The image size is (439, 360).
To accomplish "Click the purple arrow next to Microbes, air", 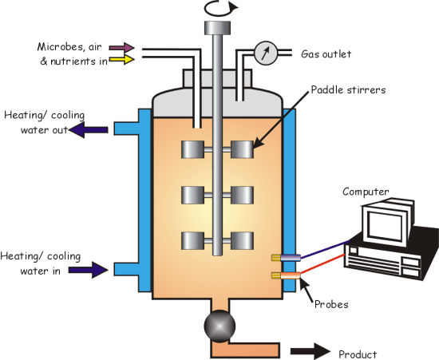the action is (122, 48).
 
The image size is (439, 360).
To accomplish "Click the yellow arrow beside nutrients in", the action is (122, 59).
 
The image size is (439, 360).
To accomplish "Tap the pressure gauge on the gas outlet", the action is (266, 53).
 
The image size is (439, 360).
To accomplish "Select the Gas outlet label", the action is (326, 54).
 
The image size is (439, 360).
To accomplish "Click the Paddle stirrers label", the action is (348, 90).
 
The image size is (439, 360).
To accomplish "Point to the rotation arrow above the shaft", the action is (221, 9).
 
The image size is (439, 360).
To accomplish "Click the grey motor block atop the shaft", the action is (218, 28).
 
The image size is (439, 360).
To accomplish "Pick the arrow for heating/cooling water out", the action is (89, 130).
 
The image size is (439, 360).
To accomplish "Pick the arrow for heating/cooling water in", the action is (89, 270).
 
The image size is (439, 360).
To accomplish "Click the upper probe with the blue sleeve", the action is (286, 258).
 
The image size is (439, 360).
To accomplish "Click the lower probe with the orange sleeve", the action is (286, 275).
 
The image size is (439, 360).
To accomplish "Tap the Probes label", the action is (331, 304).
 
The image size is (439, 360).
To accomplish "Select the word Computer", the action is (366, 192).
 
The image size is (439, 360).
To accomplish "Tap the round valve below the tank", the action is (219, 326).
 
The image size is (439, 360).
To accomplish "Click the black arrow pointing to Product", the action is (310, 351).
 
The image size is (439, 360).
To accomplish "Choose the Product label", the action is (358, 354).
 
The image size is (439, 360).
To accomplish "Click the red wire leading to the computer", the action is (322, 263).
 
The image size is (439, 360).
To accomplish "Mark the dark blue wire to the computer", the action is (325, 249).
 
